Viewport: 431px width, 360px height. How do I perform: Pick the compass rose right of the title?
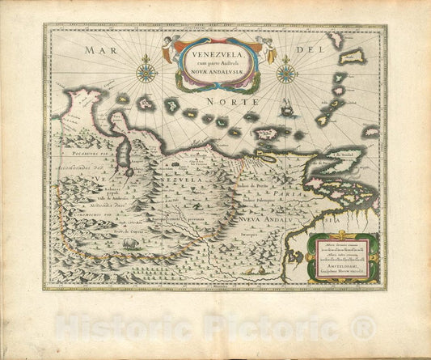point(286,74)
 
